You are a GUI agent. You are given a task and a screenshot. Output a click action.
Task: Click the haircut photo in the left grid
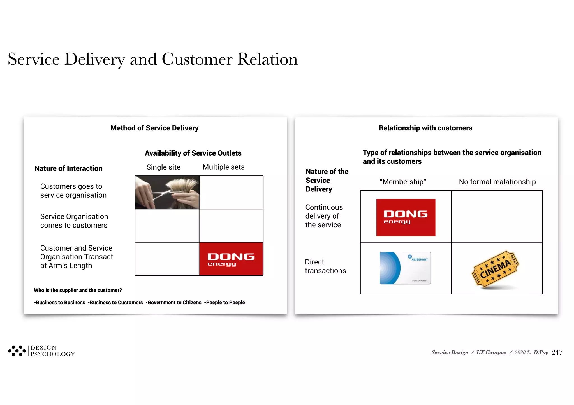(167, 192)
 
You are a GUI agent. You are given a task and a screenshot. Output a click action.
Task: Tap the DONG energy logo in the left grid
(231, 259)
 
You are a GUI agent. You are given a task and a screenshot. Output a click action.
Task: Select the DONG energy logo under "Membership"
(406, 217)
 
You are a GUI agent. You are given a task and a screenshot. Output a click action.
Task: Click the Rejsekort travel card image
(405, 268)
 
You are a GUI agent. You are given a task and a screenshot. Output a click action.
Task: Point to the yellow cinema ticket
(496, 269)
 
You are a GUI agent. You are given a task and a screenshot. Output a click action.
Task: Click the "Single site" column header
(163, 167)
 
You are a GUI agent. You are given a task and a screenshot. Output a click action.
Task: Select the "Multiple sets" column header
(223, 167)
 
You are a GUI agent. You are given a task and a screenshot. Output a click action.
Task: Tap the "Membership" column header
(403, 182)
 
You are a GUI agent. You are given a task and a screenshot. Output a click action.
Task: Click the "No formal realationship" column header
(497, 182)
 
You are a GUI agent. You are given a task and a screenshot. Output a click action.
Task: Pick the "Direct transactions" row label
(325, 266)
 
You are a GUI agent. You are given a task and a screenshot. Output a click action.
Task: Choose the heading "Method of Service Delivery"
(154, 128)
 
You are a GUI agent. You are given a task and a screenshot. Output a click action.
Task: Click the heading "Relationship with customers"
(425, 128)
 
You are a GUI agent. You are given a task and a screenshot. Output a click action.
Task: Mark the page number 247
(557, 352)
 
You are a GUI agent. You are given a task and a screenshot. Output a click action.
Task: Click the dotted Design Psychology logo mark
(17, 351)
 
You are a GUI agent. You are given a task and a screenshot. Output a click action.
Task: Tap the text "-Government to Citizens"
(173, 303)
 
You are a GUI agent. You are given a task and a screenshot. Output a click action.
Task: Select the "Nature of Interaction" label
(68, 168)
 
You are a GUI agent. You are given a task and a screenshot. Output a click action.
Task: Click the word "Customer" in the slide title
(197, 59)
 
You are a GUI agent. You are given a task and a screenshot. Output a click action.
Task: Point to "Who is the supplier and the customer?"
(78, 290)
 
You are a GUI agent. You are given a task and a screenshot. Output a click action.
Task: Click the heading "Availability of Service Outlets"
(193, 153)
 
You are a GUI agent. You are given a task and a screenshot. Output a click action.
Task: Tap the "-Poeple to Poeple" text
(224, 303)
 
